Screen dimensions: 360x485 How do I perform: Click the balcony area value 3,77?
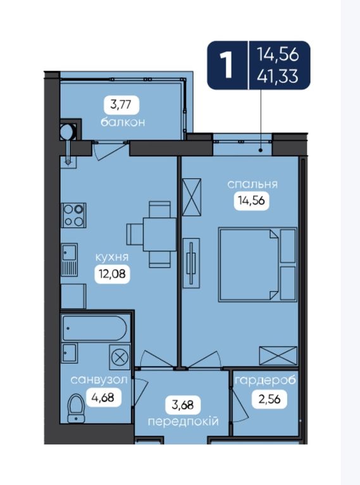point(121,105)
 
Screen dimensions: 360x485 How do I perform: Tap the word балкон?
point(123,122)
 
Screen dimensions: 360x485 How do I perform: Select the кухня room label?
point(112,257)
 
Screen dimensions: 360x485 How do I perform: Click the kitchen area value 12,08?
point(112,274)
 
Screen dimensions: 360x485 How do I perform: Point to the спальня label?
point(252,185)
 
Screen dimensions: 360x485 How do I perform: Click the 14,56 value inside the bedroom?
point(251,200)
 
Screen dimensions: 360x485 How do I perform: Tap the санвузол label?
point(99,380)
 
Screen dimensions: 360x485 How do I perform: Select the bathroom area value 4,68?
point(102,397)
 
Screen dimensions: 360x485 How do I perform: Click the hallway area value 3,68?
point(183,405)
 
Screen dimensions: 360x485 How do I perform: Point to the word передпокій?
point(183,422)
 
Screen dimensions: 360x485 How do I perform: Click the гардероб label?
point(265,380)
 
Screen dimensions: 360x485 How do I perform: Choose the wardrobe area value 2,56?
point(270,400)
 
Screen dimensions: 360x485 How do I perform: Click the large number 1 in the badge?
point(227,65)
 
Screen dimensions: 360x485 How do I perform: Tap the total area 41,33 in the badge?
point(278,76)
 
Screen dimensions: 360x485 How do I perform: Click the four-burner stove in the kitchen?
point(73,215)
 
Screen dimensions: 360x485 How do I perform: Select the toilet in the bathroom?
point(76,408)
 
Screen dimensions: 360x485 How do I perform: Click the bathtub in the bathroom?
point(96,328)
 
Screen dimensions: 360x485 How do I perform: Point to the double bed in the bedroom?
point(258,264)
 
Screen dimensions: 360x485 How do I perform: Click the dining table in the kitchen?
point(159,235)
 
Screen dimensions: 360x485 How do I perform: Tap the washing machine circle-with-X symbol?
point(120,357)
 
